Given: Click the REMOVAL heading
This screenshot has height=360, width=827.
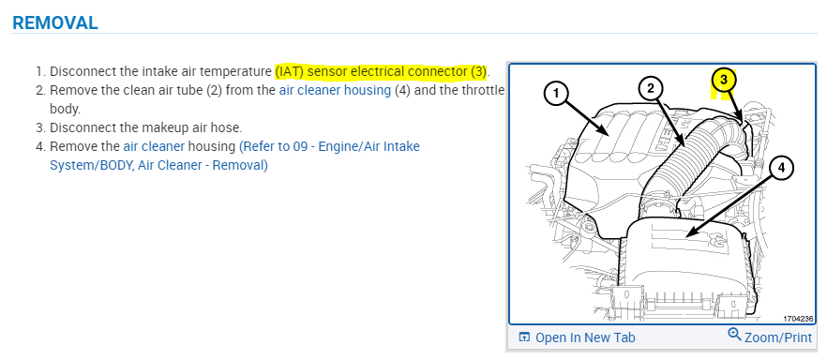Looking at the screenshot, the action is click(54, 22).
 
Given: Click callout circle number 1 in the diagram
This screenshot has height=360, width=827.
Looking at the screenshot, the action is click(556, 95).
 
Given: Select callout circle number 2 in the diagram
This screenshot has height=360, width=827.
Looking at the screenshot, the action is click(652, 87).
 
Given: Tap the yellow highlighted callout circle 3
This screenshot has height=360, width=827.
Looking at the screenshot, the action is click(724, 80).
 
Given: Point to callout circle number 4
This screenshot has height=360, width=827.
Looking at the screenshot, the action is click(780, 168).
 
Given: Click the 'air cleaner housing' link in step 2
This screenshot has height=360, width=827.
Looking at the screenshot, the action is click(335, 90).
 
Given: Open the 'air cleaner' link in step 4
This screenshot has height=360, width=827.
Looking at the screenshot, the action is click(154, 146).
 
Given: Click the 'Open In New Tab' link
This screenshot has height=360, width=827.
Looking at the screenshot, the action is click(585, 337).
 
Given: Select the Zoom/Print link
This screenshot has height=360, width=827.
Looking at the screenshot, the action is click(778, 337).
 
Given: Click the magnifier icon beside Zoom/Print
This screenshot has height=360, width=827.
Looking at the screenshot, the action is click(735, 334).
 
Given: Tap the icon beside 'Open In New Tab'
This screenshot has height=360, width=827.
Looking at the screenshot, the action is click(524, 337).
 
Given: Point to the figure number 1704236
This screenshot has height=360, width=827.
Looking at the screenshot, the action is click(797, 319).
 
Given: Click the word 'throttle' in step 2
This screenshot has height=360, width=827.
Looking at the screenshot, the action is click(483, 90).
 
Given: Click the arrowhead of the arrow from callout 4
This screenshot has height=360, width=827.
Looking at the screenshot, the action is click(689, 234).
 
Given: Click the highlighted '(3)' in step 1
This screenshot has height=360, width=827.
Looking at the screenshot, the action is click(478, 71).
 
